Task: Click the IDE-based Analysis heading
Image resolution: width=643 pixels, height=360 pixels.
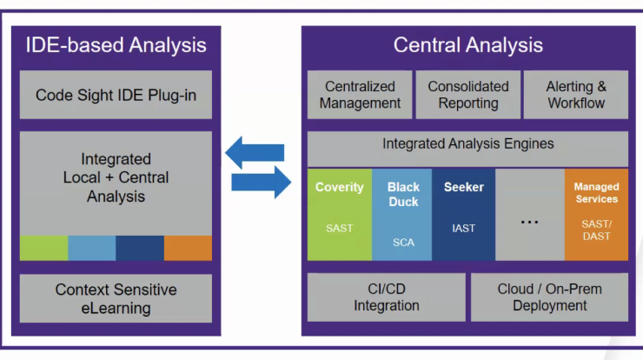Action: pos(116,45)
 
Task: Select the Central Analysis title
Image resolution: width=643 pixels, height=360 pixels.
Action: pos(467,45)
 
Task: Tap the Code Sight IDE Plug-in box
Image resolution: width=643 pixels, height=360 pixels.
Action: pos(116,95)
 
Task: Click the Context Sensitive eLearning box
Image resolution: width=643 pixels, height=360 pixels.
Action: pos(116,298)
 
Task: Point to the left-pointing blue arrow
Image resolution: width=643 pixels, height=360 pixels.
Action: pos(255,153)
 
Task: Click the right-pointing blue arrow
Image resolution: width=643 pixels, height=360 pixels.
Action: pos(262,183)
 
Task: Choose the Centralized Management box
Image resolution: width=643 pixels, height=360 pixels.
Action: pos(360,95)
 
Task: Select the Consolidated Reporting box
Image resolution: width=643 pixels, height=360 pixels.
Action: pos(467,95)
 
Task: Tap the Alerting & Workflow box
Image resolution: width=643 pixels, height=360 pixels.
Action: pos(576,95)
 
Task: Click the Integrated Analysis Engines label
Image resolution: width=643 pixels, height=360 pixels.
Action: pos(467,143)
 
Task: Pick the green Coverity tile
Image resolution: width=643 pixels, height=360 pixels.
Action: pos(340,215)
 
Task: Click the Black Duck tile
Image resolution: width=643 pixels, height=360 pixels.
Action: pos(401,215)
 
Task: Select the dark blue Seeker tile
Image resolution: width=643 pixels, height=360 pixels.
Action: pos(463,215)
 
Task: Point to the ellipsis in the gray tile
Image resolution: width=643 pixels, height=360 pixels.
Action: pos(529,223)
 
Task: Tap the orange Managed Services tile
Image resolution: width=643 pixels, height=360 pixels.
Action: pos(596,215)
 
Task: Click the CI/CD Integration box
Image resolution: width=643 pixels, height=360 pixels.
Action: pos(387,297)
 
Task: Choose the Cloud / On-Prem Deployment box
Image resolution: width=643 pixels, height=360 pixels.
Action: pos(549,297)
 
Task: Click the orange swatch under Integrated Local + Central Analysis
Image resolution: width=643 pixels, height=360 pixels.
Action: pos(188,248)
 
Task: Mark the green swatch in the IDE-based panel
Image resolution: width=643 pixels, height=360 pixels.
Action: pos(43,248)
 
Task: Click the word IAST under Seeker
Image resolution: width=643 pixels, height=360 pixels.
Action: pos(463,228)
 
